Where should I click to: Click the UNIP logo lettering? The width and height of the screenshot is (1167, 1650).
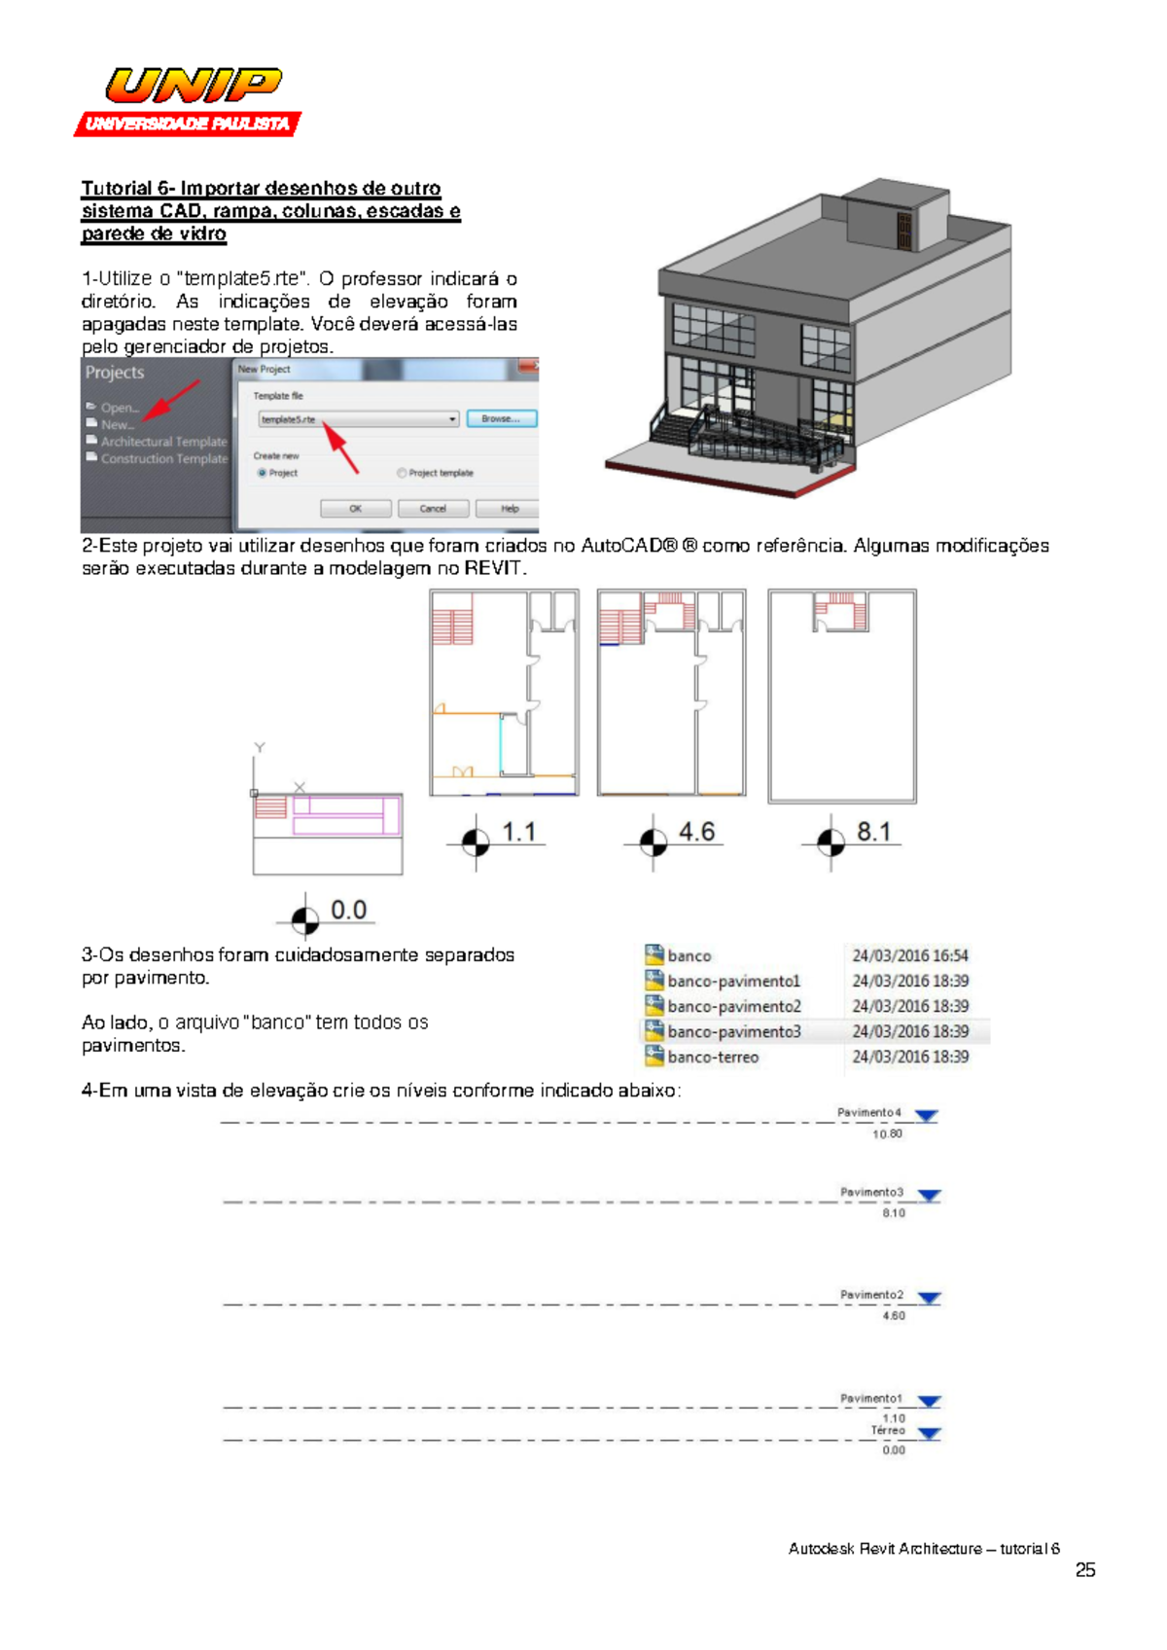coord(194,86)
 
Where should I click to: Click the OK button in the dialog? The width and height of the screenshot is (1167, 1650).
coord(355,509)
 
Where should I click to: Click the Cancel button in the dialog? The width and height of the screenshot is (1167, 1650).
coord(433,509)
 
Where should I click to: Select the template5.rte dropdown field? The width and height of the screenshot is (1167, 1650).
coord(358,419)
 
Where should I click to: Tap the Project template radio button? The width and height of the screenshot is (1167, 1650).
coord(402,473)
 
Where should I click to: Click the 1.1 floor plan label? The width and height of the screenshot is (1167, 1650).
coord(518,833)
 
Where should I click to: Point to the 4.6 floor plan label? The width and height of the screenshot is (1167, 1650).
coord(696,833)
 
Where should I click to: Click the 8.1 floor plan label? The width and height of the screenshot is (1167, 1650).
coord(873,833)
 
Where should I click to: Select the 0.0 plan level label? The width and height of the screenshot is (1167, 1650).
coord(348,911)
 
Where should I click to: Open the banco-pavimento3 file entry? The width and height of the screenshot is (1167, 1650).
coord(733,1031)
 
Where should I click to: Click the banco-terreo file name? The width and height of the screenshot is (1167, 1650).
coord(713,1057)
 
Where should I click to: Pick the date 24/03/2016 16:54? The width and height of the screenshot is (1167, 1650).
coord(910,956)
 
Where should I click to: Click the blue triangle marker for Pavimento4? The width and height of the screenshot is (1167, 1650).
coord(927,1116)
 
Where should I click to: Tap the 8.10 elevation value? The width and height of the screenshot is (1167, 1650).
coord(894,1213)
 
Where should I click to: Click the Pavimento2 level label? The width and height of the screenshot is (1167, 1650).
coord(871,1295)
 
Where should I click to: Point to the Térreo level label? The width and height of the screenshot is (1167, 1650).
coord(888,1430)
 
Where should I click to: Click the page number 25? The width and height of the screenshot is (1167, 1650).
coord(1085,1570)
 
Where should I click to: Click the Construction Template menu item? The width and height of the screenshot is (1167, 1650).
coord(163,459)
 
